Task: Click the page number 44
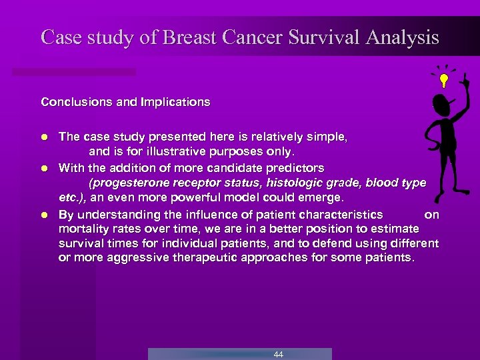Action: tap(278, 354)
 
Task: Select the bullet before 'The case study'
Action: tap(44, 136)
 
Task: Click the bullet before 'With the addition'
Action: tap(44, 167)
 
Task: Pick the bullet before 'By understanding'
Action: tap(44, 215)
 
